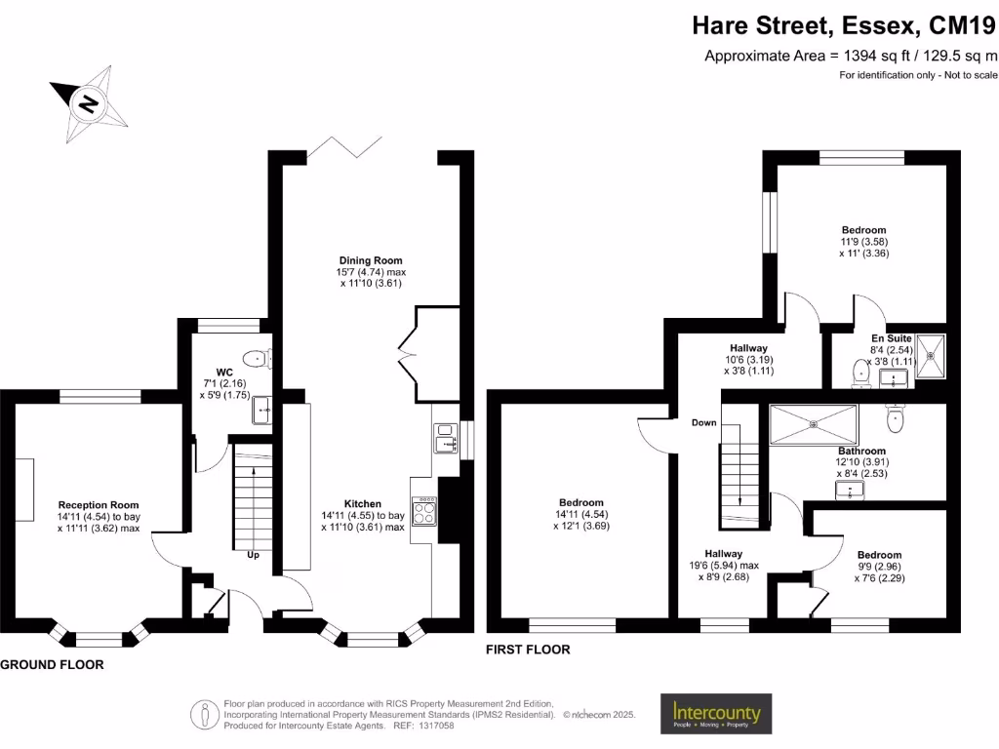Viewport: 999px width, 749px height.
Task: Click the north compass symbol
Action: pos(89,102)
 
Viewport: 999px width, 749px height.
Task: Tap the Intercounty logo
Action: pos(716,714)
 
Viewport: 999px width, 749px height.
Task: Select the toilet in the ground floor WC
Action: pos(256,358)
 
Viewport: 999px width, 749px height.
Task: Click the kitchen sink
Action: pos(446,438)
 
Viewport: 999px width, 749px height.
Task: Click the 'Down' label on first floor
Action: pos(704,423)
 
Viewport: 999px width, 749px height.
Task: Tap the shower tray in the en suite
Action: pos(929,355)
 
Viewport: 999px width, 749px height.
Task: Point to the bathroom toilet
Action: pos(897,417)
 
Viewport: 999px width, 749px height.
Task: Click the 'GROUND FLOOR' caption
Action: pos(52,664)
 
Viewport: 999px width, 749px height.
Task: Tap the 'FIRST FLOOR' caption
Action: pos(528,650)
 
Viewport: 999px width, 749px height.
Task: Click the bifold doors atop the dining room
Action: pos(344,147)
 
